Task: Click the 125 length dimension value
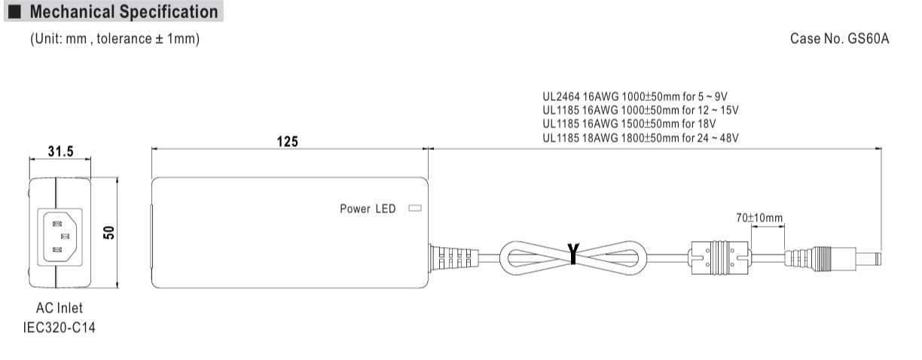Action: [287, 142]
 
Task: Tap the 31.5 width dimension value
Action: [60, 151]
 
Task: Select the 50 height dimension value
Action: [109, 233]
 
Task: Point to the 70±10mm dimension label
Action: [759, 218]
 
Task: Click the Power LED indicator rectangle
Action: [415, 208]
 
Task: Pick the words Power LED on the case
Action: [368, 209]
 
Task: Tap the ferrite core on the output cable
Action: [719, 258]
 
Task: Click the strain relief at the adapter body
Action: [453, 258]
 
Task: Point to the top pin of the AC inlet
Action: [57, 224]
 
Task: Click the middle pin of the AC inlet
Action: [65, 236]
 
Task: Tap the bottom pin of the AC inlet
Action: [57, 249]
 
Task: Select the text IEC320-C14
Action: [60, 328]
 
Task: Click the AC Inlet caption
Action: [60, 308]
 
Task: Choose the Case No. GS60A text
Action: [839, 38]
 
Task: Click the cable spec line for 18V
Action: [629, 124]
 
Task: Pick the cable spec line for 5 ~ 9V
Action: [635, 96]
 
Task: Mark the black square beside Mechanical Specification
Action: [15, 11]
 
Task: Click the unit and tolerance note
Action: [114, 38]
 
